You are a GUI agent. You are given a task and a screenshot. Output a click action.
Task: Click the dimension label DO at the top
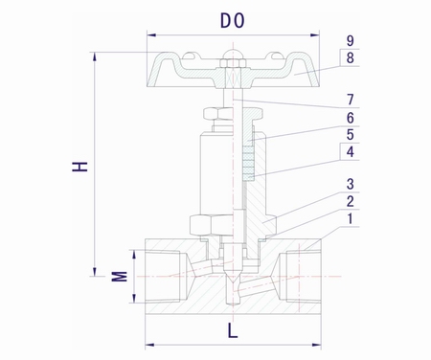point(233,20)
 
